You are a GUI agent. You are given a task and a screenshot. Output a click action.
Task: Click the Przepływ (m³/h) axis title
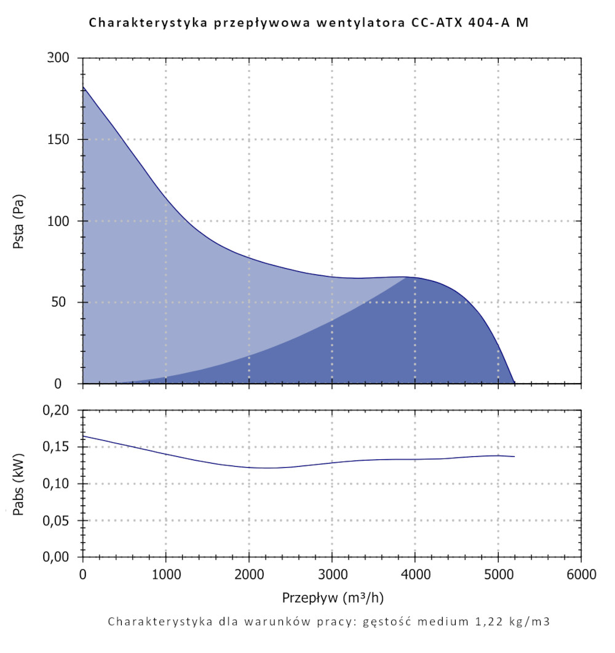coord(333,598)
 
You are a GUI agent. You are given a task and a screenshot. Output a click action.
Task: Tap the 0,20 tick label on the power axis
coord(61,410)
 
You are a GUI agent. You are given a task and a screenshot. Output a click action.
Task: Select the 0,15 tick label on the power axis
coord(61,447)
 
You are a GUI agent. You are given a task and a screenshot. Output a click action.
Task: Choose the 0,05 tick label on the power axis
coord(61,521)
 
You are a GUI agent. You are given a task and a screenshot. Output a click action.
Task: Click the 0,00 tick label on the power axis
coord(61,557)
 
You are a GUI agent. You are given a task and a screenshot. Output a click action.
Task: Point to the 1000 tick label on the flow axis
coord(166,575)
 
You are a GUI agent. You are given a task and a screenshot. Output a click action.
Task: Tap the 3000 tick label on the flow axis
coord(332,575)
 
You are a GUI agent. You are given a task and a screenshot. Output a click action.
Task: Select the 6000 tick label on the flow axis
coord(581,575)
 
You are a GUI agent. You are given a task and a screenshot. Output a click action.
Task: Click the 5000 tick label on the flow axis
coord(498,575)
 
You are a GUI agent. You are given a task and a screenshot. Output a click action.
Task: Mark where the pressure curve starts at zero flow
coord(83,87)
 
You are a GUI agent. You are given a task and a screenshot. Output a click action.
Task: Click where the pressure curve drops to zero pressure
coord(515,384)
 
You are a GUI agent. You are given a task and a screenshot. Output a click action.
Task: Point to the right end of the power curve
coord(514,456)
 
